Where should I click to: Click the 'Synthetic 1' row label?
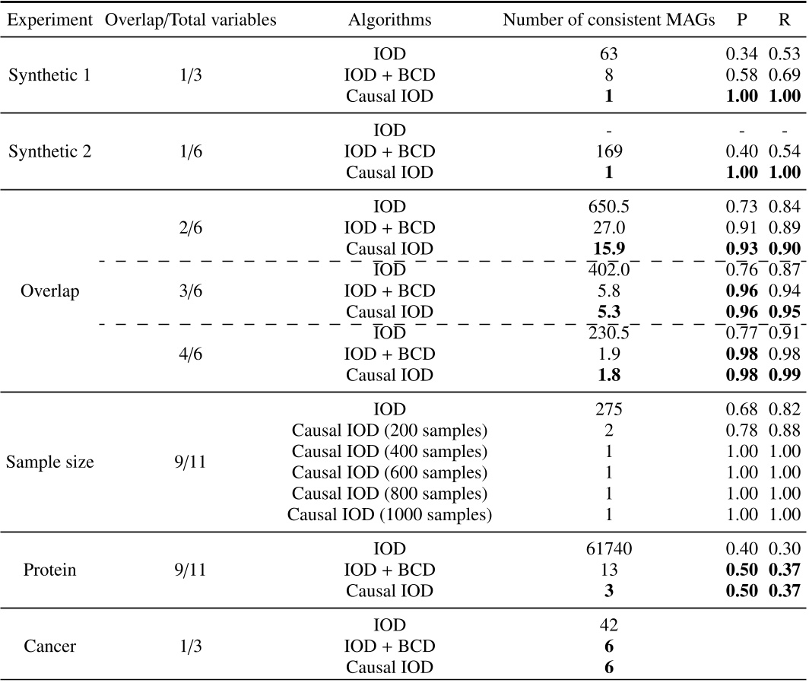pyautogui.click(x=49, y=75)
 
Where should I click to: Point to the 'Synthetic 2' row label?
pyautogui.click(x=49, y=151)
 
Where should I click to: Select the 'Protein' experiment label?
pyautogui.click(x=49, y=570)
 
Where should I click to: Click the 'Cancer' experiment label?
pyautogui.click(x=49, y=646)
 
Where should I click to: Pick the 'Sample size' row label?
pyautogui.click(x=49, y=462)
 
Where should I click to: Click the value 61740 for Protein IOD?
pyautogui.click(x=609, y=548)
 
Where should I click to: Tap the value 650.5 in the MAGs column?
pyautogui.click(x=609, y=206)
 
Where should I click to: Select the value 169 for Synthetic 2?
pyautogui.click(x=609, y=151)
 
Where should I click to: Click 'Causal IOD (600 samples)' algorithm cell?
pyautogui.click(x=389, y=472)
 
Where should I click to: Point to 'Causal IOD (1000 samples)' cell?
pyautogui.click(x=389, y=515)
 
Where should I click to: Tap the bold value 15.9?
pyautogui.click(x=609, y=249)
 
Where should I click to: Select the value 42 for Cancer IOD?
pyautogui.click(x=609, y=624)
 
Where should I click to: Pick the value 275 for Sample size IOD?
pyautogui.click(x=609, y=408)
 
